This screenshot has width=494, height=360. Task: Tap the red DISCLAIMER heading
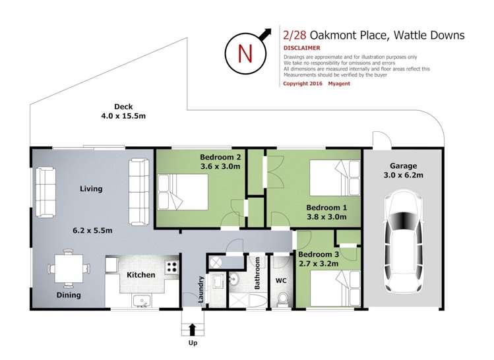click(301, 48)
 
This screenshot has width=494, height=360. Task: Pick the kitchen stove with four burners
click(171, 268)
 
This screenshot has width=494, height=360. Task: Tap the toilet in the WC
click(283, 299)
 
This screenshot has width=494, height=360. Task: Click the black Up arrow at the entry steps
click(193, 328)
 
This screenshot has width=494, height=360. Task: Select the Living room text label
click(91, 189)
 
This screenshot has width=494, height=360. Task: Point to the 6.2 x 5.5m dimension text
click(92, 231)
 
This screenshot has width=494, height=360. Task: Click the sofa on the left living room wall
click(45, 192)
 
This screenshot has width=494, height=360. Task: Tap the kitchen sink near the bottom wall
click(140, 301)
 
